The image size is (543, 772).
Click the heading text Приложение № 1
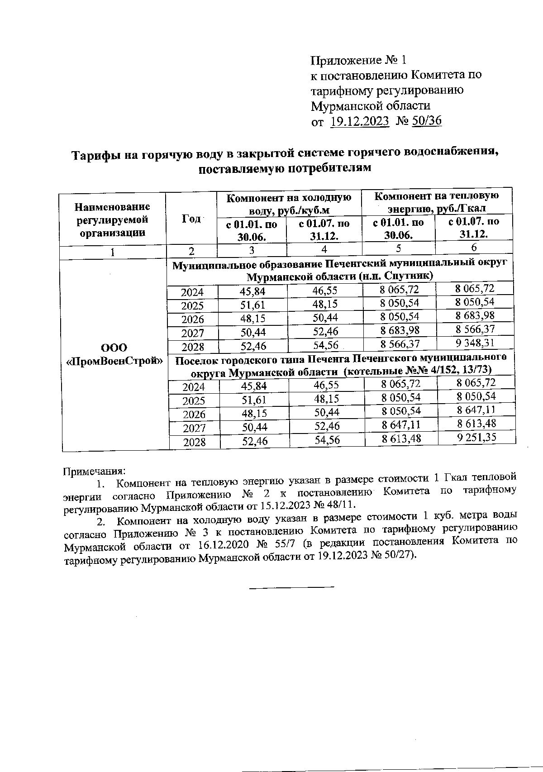[x=359, y=60]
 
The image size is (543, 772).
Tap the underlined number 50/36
[x=427, y=121]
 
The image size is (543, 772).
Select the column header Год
[x=191, y=219]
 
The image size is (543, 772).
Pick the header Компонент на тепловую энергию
[x=437, y=202]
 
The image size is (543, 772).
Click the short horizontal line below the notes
[x=292, y=587]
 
